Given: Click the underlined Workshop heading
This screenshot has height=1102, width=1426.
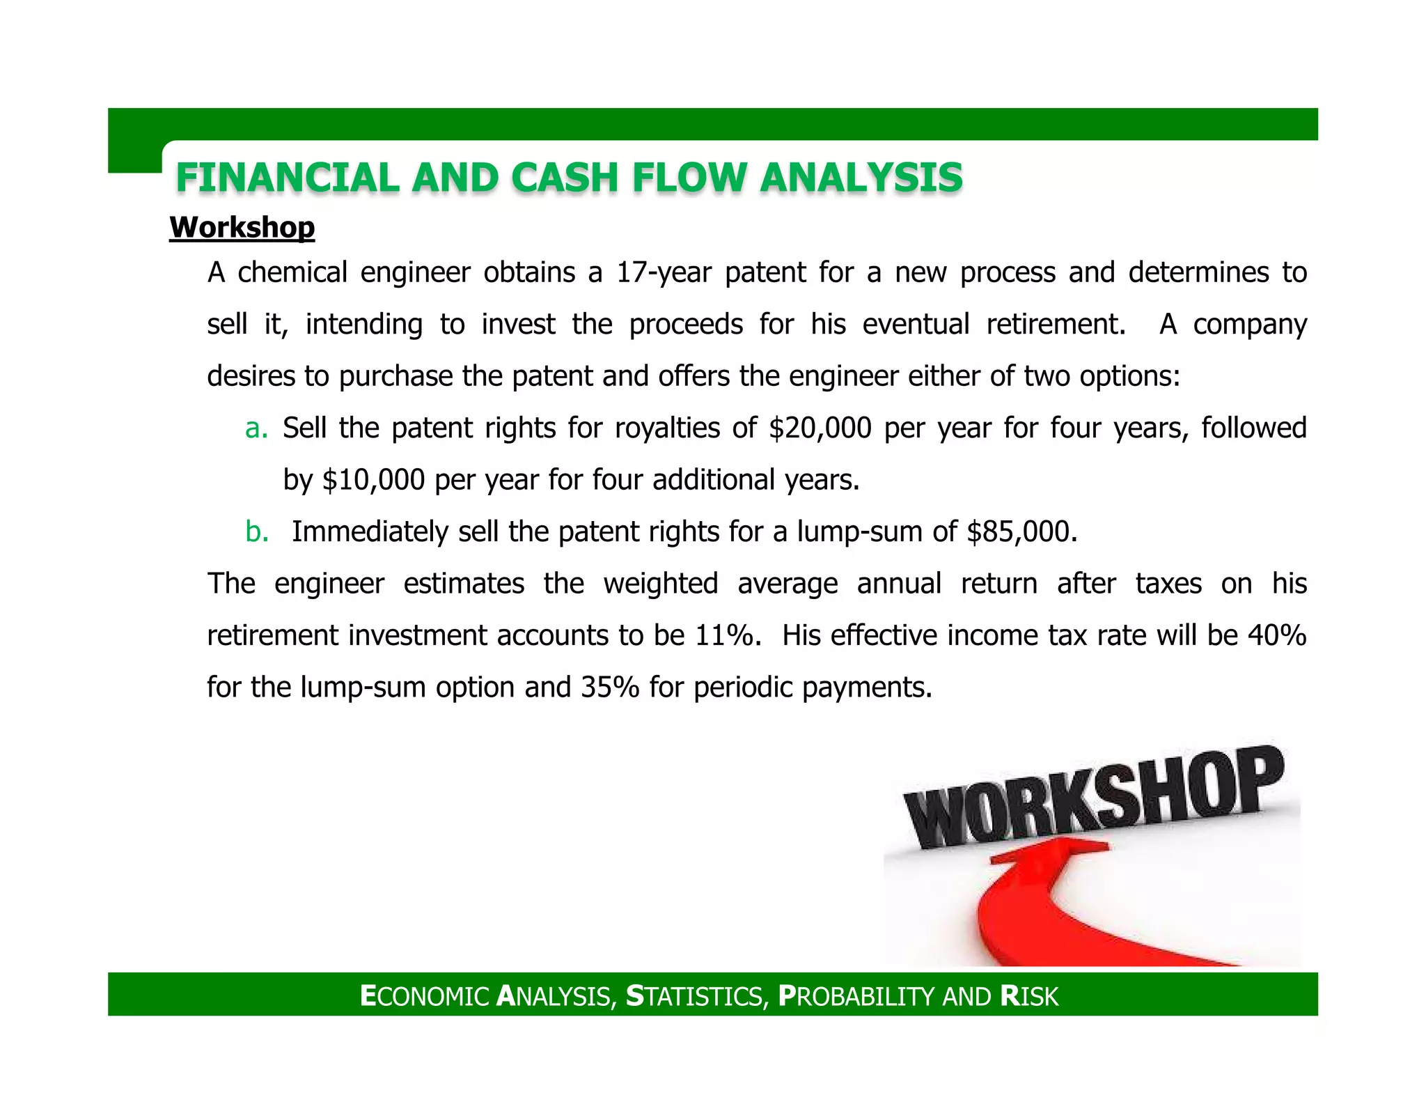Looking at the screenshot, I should click(x=242, y=228).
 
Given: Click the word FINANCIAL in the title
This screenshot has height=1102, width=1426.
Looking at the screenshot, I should click(x=287, y=178).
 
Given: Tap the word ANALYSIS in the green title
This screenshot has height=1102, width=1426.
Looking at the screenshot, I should click(x=861, y=178).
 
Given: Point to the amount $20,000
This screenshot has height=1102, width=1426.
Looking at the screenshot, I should click(x=820, y=428).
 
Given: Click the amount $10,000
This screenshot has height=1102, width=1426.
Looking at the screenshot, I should click(x=373, y=480).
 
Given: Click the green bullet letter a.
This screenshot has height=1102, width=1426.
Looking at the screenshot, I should click(x=256, y=428).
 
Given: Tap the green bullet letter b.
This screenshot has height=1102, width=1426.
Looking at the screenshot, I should click(x=256, y=532).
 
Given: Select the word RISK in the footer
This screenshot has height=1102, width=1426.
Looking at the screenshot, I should click(x=1028, y=996).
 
